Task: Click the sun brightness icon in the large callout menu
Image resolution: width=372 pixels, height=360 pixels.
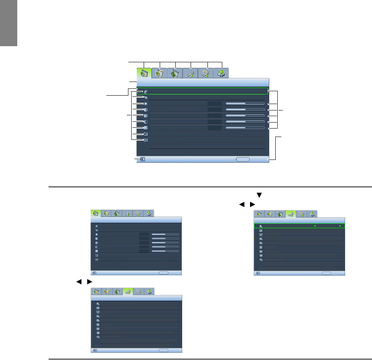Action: [145, 104]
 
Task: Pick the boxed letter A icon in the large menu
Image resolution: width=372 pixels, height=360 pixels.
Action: [145, 140]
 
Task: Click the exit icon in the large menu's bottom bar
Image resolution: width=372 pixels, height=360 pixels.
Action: [142, 159]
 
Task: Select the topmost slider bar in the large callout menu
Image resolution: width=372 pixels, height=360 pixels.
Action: [245, 103]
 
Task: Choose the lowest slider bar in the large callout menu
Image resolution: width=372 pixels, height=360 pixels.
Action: [245, 127]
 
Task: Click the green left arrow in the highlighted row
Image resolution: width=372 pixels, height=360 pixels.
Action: [315, 226]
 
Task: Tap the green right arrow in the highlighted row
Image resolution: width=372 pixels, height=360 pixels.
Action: [340, 226]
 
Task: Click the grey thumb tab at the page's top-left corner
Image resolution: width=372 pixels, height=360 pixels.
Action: [8, 23]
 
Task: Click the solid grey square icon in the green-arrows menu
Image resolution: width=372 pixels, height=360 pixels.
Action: [261, 247]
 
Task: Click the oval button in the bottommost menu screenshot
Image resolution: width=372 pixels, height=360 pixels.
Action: [163, 350]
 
